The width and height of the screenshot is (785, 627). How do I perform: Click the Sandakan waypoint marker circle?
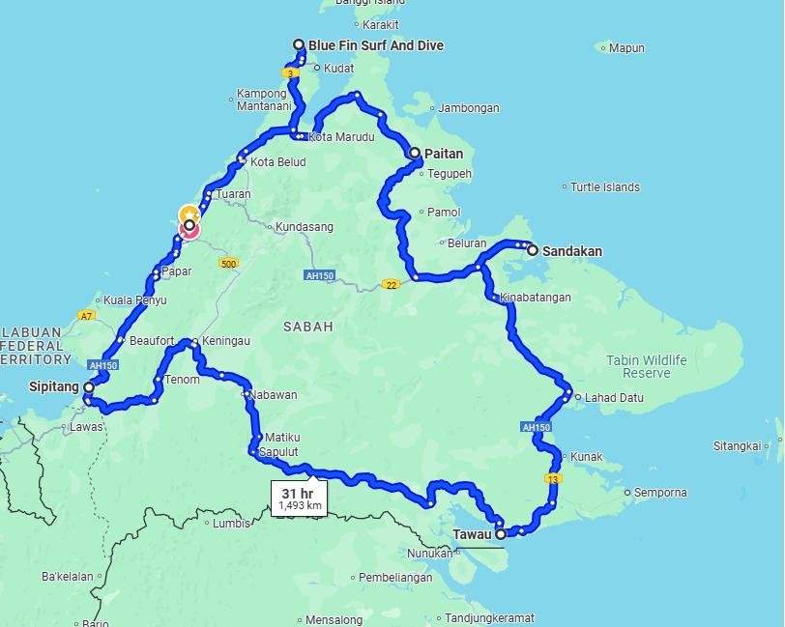click(532, 250)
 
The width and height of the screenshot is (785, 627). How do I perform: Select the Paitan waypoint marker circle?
click(415, 153)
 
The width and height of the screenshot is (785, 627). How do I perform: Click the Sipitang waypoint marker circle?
click(88, 387)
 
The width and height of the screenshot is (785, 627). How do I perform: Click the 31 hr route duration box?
click(300, 499)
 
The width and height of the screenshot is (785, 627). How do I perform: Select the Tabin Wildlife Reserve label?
click(647, 366)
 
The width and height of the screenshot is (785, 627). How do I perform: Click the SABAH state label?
click(308, 327)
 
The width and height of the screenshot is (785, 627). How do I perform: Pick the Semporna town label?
click(661, 493)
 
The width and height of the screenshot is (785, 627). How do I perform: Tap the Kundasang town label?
click(305, 227)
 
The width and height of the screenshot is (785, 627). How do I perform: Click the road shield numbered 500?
click(228, 264)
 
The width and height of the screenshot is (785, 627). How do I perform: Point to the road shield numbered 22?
click(390, 284)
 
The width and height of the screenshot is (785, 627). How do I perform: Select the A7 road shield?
click(87, 316)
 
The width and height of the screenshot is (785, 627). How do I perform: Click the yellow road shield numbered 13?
click(553, 479)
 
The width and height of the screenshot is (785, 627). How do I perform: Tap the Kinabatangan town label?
click(536, 298)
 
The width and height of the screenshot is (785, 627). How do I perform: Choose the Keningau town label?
click(227, 341)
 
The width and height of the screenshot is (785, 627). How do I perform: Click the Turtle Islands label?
click(605, 187)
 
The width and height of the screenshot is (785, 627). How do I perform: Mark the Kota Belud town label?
click(277, 162)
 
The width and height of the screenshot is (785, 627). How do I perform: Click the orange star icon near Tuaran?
click(189, 214)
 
